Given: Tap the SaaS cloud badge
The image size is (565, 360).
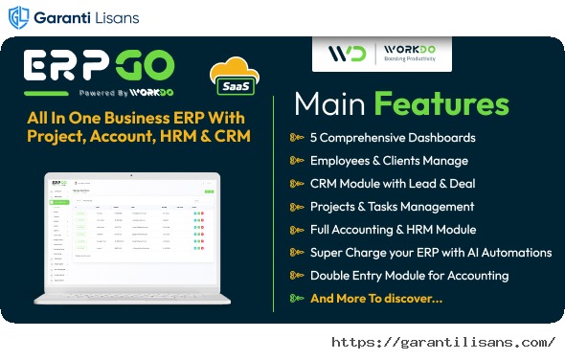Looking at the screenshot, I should pos(234,79).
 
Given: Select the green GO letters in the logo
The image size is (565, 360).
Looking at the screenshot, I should pos(144,67).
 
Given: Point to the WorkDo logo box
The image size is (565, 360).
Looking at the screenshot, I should pos(381,53).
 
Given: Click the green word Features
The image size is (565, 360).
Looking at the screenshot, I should pos(441,103).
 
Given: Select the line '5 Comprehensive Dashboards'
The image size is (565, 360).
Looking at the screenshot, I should pos(393,137).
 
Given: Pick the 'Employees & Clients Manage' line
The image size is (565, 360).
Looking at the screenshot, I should pos(389,160).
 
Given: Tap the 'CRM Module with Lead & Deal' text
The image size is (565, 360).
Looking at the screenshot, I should pos(393,183).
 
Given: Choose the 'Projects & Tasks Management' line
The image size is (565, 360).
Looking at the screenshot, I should pos(392,206).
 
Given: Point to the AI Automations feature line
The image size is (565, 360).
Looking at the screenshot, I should pos(431,252).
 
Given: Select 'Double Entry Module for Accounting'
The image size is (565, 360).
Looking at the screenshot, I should pos(409,275).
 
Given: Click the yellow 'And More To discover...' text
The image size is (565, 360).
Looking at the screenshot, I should pos(376,298).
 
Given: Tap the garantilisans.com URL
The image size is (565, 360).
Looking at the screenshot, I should pos(443,342).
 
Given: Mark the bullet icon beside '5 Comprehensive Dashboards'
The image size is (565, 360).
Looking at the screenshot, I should pos(296,137).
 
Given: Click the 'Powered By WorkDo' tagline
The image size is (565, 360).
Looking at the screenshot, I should pos(115,94).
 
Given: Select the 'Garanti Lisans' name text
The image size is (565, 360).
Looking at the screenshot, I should pos(87,18).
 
